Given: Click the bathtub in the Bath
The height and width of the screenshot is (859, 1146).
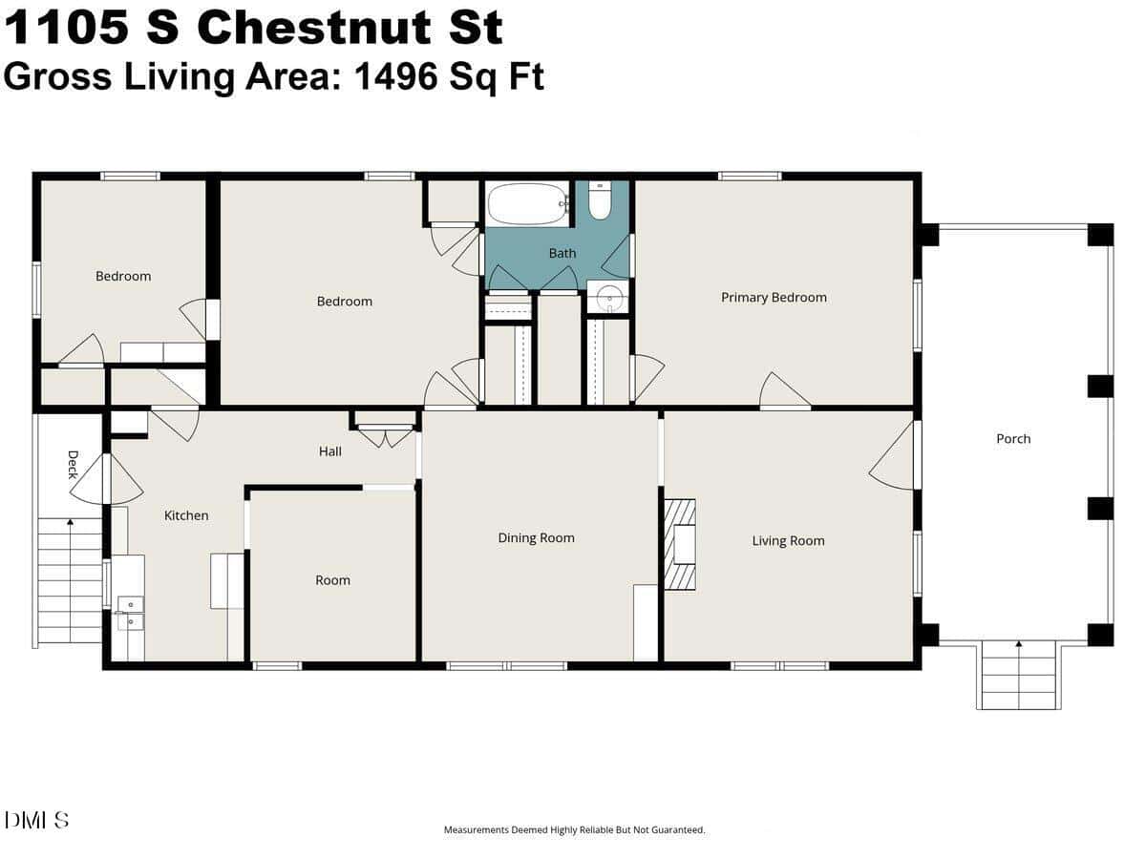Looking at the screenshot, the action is coord(528,204).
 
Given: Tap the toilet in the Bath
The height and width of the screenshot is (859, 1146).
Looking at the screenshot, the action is coord(600,200).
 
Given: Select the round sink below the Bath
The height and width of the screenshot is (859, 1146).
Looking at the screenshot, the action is coord(607,298).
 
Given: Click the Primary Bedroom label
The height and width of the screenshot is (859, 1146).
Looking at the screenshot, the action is coord(774,297).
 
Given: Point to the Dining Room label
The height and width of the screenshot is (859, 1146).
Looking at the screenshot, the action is coord(536,537).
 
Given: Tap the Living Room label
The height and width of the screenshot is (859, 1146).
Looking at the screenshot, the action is coord(789,541).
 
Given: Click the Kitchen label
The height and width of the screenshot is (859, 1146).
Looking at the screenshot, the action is coord(186,515).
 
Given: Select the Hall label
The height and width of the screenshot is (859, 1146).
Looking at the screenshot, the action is coord(330,451).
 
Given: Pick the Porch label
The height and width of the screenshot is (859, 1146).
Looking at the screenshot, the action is coord(1013,439).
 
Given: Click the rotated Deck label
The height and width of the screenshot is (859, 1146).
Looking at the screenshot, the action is coord(74,465).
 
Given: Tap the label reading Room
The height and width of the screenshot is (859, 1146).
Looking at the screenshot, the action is coord(332,580).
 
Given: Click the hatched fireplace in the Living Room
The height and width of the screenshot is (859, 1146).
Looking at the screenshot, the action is coord(680,544).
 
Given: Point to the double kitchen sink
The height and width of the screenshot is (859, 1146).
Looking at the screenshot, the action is coord(131,613).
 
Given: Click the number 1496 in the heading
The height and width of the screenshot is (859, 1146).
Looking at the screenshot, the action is coord(395,76).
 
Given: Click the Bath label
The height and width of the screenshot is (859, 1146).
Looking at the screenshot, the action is coord(562,254).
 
